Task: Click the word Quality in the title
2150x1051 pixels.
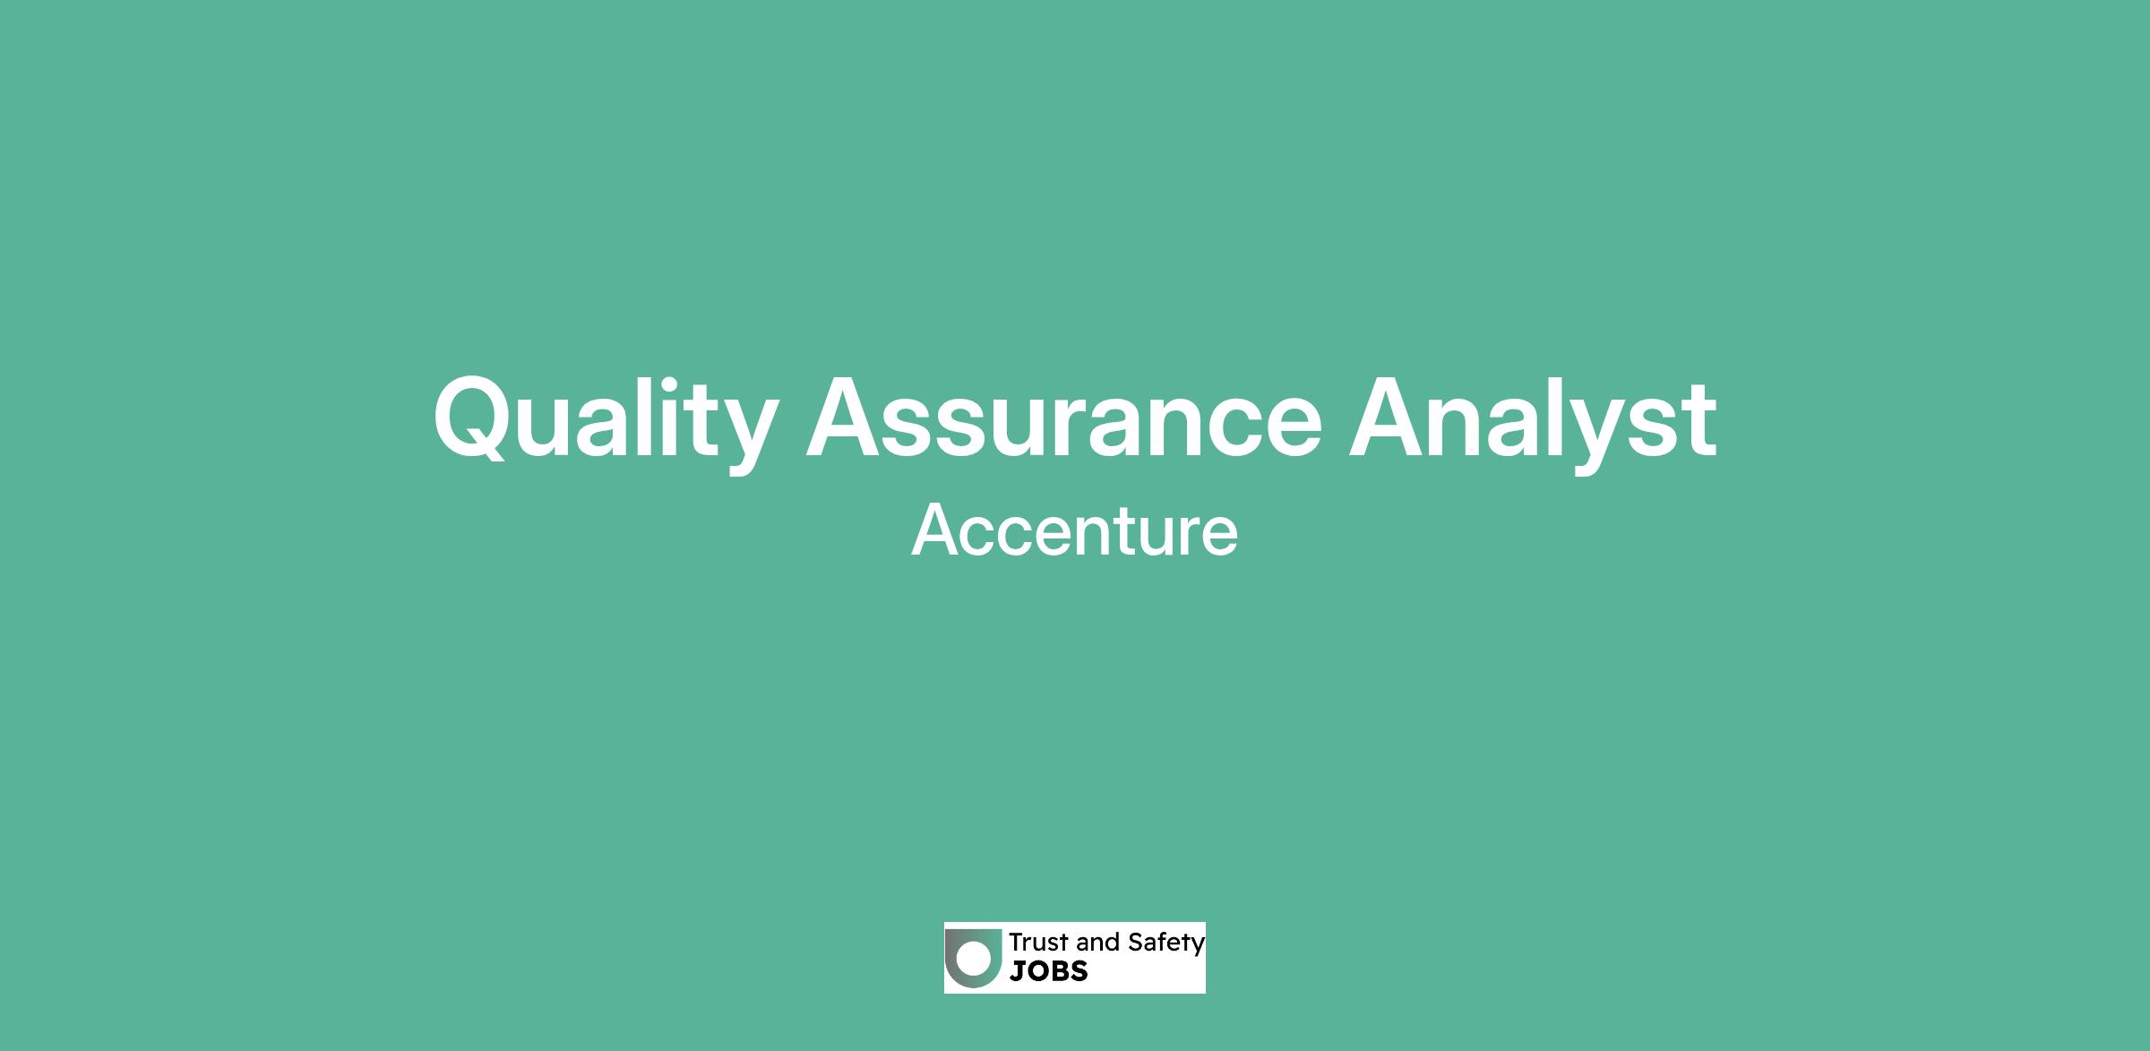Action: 606,421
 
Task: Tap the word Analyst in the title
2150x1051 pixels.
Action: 1533,421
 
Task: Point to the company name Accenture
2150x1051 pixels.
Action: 1074,530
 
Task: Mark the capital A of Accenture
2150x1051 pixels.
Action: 937,530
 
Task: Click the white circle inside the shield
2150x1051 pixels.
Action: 974,958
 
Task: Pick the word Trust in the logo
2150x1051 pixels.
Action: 1039,942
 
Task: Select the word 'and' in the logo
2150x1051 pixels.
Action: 1097,942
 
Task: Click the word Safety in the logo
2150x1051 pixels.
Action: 1166,943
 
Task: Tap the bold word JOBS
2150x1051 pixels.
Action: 1049,971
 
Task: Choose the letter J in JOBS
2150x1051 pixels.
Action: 1018,971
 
